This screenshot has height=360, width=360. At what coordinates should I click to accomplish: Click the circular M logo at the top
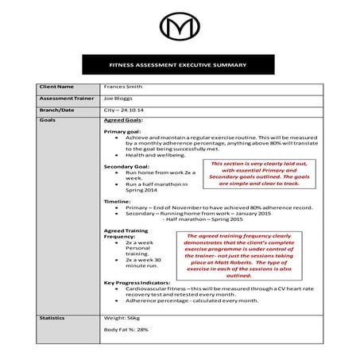click(x=180, y=29)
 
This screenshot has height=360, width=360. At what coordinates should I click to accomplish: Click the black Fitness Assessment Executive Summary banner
click(x=180, y=65)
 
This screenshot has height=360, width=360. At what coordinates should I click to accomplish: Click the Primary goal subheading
click(x=123, y=131)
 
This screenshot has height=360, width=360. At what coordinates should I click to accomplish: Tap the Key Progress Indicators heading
click(x=139, y=282)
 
